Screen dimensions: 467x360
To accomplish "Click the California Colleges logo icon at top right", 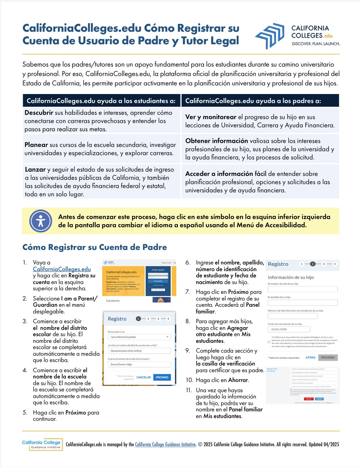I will [x=271, y=36].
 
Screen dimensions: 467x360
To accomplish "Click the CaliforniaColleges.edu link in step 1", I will [x=62, y=269].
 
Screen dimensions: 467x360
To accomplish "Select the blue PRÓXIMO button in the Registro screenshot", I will [x=162, y=377].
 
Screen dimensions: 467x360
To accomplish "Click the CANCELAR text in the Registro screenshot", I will [x=143, y=377].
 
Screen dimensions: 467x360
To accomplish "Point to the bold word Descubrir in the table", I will [x=39, y=113].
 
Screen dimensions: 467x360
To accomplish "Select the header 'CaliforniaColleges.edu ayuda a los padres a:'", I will [x=253, y=101].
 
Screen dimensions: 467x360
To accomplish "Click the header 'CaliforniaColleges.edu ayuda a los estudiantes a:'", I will [x=101, y=101].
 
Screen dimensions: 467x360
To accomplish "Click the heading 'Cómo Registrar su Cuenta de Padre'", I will [x=94, y=247].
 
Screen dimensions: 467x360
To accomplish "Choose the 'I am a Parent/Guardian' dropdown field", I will [x=139, y=337].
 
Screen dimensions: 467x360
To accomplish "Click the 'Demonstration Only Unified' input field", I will [x=139, y=351].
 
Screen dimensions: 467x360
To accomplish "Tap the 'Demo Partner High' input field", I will [x=139, y=364].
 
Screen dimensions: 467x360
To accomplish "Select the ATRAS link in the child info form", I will [x=310, y=357].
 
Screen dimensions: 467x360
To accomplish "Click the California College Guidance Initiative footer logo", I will [x=41, y=444].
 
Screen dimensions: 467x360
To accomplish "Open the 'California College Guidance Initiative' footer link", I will [x=165, y=445].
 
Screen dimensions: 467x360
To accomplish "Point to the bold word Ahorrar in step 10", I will [x=238, y=380].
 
